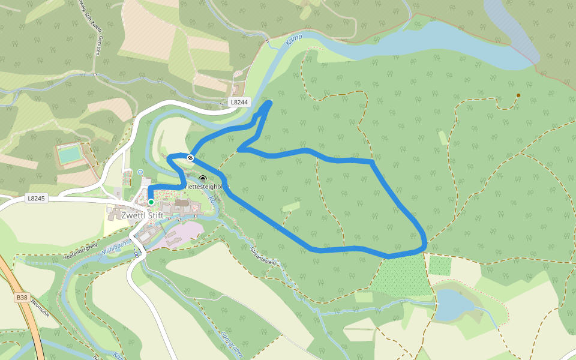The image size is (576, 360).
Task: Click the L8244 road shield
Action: [239, 103]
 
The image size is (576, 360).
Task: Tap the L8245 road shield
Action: [37, 198]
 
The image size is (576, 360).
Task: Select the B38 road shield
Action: [22, 297]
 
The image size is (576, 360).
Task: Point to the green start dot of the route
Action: [151, 202]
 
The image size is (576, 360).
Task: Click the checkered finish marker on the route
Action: [190, 158]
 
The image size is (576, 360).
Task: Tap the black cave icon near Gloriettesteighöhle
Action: [203, 179]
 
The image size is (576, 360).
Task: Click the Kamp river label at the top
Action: [294, 40]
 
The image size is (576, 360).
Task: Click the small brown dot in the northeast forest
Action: [518, 95]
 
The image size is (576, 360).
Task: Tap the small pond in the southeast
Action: [454, 304]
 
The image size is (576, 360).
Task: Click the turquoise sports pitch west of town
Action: [70, 155]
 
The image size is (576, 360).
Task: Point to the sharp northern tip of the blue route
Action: [269, 103]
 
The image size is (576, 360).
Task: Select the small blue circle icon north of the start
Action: [141, 172]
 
